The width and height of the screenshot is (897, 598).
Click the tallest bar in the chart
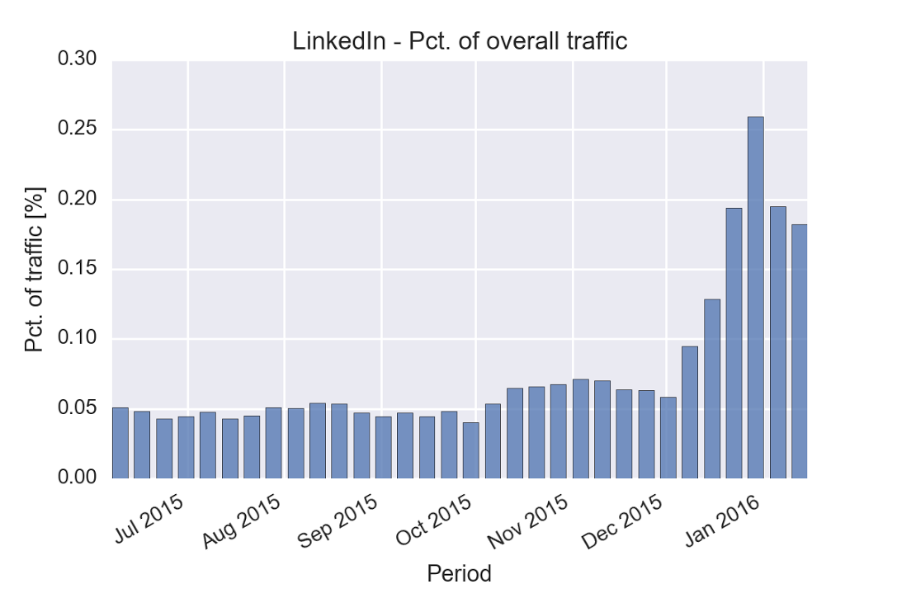755,297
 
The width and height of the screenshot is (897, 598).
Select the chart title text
460,41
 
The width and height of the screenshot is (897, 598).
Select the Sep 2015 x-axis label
338,512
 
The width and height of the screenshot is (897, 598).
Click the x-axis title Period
459,573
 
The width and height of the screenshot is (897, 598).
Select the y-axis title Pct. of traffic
35,270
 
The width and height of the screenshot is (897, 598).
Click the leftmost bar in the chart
120,443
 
